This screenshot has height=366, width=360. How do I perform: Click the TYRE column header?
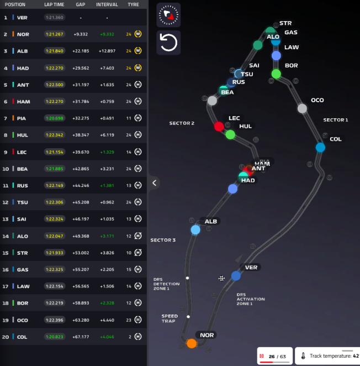coord(133,4)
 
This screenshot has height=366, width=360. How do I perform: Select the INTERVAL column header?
coord(107,4)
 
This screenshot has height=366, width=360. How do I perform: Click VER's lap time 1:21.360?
coord(55,17)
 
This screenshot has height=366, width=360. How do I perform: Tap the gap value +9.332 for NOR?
coord(81,34)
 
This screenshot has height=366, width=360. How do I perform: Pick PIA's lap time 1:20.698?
coord(55,118)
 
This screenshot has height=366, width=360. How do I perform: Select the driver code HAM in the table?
coord(23,102)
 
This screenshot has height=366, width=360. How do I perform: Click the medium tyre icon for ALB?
coord(138,51)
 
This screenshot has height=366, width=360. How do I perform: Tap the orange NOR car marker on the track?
coord(192,343)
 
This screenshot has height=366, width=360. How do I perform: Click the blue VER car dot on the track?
coord(236,276)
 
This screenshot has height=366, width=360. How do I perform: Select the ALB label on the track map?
coord(211,221)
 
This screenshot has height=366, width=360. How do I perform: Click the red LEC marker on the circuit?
coord(219,126)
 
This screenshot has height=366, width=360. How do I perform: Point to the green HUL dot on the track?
coord(230,134)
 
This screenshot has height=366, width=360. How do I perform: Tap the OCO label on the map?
coord(317,100)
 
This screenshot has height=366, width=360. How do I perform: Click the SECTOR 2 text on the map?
coord(182,123)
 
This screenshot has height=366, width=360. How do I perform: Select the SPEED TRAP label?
coord(170,319)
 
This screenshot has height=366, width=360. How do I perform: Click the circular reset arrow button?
coord(168,43)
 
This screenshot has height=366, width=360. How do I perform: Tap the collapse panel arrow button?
coord(155,182)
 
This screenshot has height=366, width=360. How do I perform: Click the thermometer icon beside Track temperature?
coord(303,357)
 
